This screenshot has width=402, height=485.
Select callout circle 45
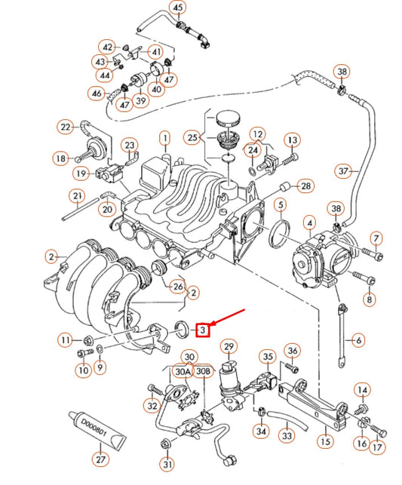click(177, 8)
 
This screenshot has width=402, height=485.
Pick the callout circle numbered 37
click(344, 171)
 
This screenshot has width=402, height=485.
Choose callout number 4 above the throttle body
click(308, 223)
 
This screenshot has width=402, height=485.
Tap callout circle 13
click(292, 140)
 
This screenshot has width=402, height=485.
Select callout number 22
click(66, 127)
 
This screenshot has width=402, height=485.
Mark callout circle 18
click(60, 158)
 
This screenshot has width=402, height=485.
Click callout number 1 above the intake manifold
click(164, 138)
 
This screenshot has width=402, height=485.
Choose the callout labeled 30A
click(183, 371)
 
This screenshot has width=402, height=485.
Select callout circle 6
click(358, 340)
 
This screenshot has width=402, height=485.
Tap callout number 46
click(97, 94)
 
